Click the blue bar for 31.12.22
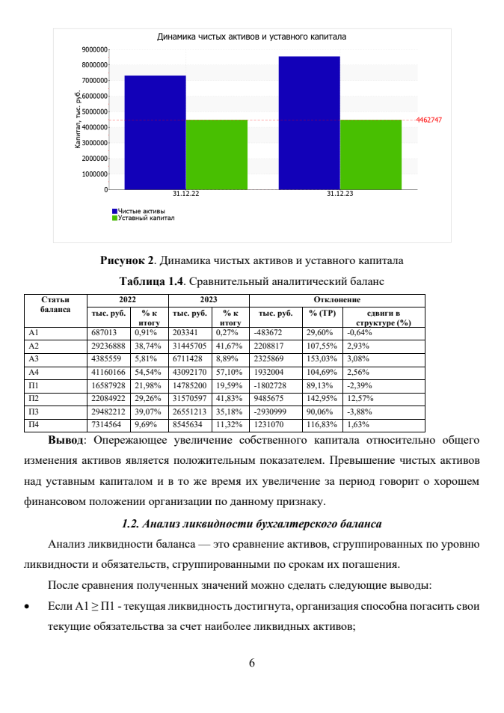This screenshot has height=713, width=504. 155,132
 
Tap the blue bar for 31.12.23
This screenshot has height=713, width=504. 309,123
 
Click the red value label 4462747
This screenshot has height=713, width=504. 429,120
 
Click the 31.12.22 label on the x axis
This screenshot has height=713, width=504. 185,194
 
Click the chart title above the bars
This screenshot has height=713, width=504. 251,36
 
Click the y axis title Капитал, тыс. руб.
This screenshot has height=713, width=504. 78,119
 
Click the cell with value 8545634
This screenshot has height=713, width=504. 188,427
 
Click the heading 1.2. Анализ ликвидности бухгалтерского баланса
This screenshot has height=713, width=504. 251,521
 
